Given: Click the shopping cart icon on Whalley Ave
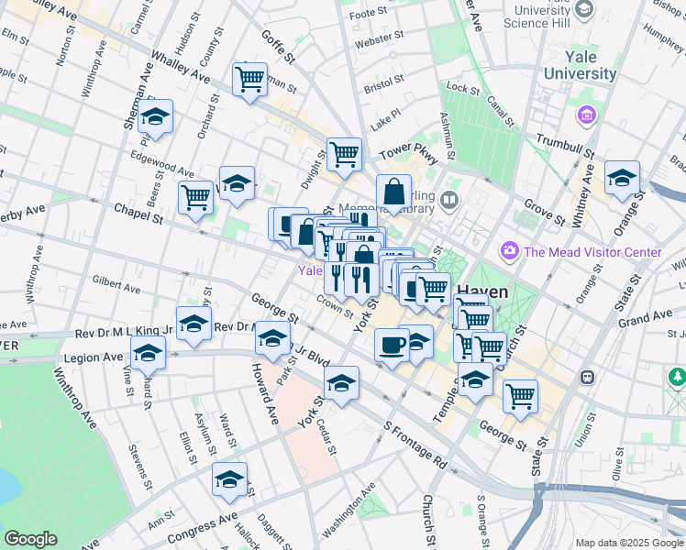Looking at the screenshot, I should [249, 80].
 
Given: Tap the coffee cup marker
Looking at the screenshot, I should [392, 346].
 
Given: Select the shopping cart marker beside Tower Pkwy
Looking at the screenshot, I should [344, 154].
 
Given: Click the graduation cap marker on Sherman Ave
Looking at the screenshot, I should [157, 116].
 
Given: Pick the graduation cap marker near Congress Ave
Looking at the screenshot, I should [229, 478].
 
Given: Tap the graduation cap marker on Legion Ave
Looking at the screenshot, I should [148, 352].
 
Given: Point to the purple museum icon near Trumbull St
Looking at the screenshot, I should [586, 116].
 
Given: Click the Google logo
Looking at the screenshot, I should [30, 539].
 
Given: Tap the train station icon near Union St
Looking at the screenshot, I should [586, 377].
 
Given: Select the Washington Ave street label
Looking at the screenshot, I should [351, 518].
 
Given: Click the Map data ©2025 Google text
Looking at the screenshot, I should [628, 542].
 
